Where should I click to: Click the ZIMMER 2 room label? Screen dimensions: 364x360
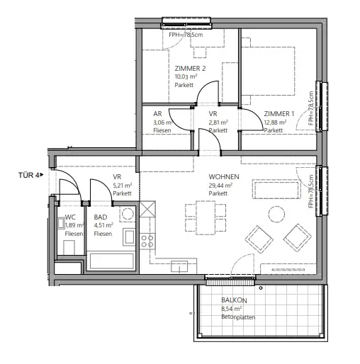point(189,68)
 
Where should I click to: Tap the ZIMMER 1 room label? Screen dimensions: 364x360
point(279,113)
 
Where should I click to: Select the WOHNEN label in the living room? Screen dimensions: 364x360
point(223,176)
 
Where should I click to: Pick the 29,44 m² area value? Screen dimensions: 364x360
point(221,185)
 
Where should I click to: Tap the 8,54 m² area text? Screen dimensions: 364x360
point(231,309)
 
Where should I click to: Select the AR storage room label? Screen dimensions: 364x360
point(157,113)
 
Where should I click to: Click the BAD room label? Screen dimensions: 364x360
point(101,217)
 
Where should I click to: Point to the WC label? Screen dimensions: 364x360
point(70,217)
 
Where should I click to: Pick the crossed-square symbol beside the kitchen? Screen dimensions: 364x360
point(148,210)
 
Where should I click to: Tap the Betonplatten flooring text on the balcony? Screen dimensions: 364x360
point(237,317)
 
